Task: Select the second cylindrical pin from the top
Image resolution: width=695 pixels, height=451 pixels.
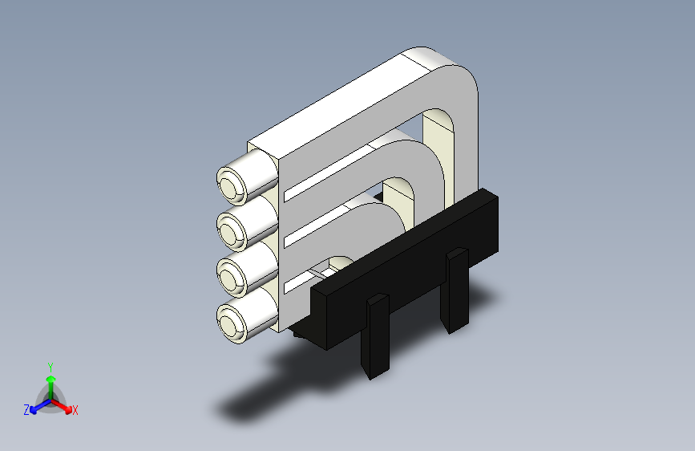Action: pos(231,232)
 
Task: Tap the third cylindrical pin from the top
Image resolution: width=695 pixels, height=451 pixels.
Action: pos(231,278)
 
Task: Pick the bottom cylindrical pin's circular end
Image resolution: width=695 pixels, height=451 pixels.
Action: pos(231,324)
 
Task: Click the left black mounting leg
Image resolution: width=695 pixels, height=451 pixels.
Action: pos(376,335)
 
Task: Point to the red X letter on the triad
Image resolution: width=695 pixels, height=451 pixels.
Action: pos(75,411)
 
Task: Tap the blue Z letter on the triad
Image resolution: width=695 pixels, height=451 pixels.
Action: pos(26,410)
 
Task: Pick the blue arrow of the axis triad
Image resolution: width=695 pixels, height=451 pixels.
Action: pos(37,406)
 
